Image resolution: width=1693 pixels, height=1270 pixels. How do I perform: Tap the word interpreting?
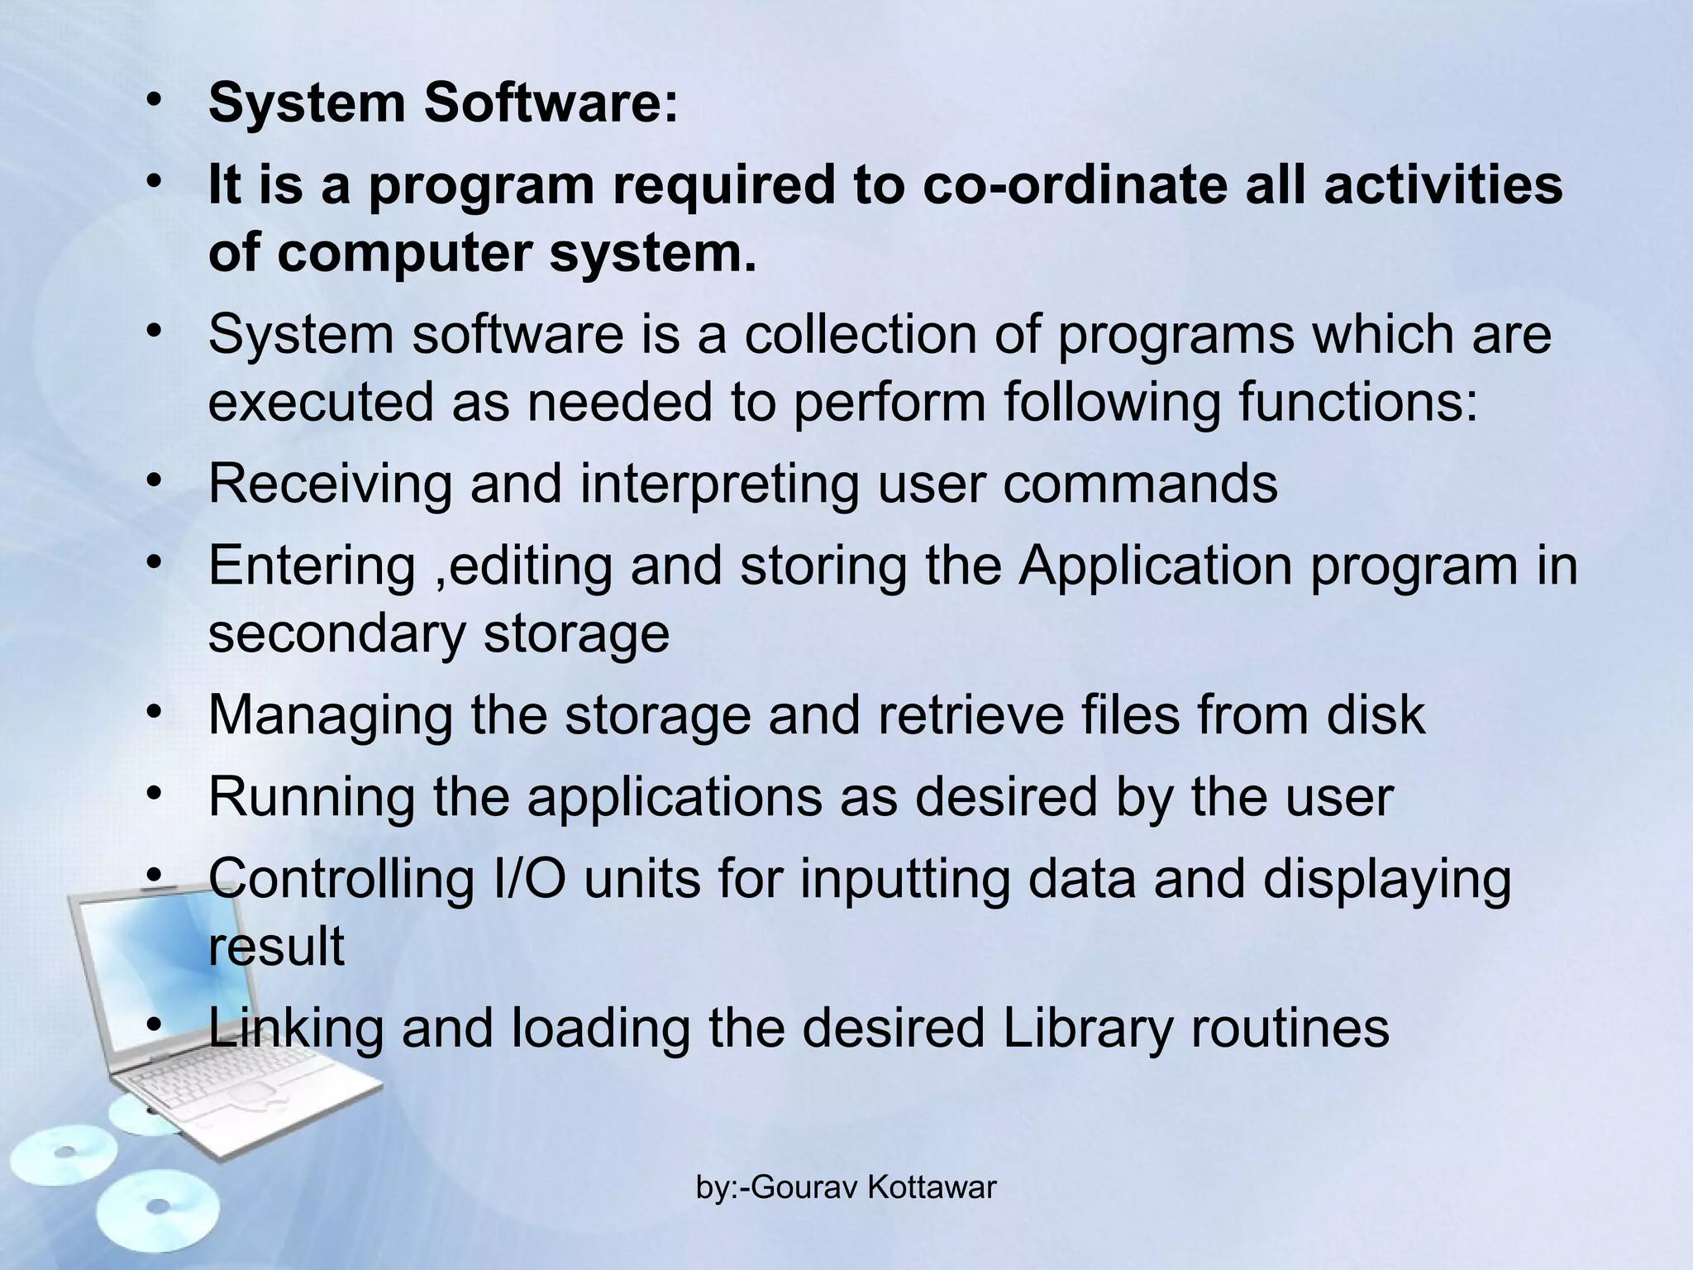coord(719,485)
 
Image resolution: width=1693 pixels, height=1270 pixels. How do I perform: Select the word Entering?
coord(312,567)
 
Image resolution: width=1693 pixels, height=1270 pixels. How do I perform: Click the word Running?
coord(312,799)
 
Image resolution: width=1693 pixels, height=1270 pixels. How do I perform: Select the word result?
coord(276,946)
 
